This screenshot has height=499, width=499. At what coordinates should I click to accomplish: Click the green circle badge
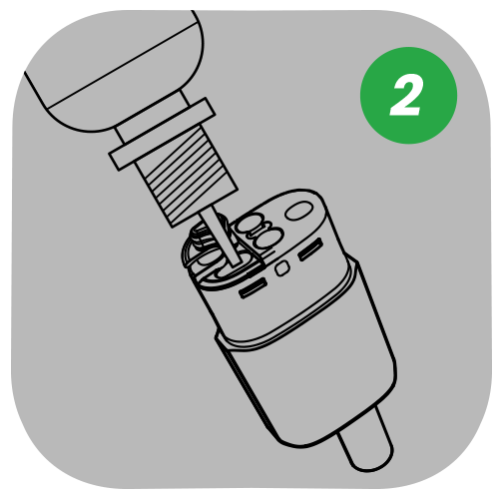pos(408,95)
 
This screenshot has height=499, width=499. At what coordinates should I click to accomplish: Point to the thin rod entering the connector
pos(220,236)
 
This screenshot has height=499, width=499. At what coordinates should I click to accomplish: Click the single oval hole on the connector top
pos(298,212)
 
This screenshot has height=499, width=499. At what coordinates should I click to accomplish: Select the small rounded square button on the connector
pos(282,267)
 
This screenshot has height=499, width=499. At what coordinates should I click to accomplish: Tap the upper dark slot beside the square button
pos(310,249)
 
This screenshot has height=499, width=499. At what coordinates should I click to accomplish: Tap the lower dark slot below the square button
pos(253,287)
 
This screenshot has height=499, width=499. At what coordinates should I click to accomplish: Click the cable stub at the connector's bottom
pos(364,440)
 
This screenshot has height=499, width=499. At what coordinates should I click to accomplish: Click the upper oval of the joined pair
pos(249,224)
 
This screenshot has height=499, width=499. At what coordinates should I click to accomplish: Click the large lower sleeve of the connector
pos(307,369)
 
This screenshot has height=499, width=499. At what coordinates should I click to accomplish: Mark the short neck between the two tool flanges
pos(160,137)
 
